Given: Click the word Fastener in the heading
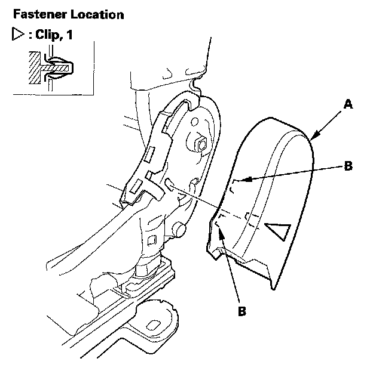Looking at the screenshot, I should click(30, 13).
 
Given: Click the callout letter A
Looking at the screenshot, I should click(348, 104).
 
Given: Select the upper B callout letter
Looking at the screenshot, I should click(348, 166).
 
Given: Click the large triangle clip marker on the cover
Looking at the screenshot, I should click(277, 230).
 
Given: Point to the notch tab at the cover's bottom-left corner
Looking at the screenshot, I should click(215, 254).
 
